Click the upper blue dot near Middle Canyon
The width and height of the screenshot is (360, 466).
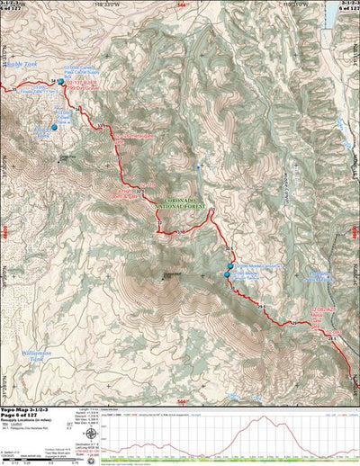(226, 267)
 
